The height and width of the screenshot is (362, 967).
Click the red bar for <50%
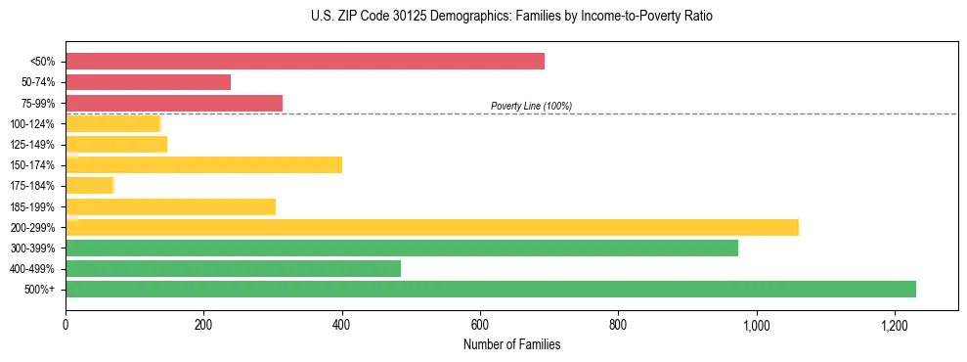pyautogui.click(x=305, y=62)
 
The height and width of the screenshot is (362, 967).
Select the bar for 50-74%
pyautogui.click(x=149, y=82)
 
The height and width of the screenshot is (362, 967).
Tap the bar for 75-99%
pyautogui.click(x=174, y=103)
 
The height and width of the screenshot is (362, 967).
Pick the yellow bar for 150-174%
pyautogui.click(x=204, y=164)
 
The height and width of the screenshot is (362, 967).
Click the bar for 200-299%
pyautogui.click(x=432, y=227)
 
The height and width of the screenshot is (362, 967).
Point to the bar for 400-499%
pyautogui.click(x=234, y=268)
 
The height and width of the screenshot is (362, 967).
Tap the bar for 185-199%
pyautogui.click(x=171, y=206)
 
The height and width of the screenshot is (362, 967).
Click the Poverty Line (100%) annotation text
pyautogui.click(x=531, y=106)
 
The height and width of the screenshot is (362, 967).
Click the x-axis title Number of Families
pyautogui.click(x=511, y=344)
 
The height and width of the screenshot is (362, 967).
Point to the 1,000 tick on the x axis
pyautogui.click(x=756, y=325)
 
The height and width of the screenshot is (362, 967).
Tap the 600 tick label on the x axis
pyautogui.click(x=480, y=325)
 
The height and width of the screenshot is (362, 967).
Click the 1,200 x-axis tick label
pyautogui.click(x=894, y=325)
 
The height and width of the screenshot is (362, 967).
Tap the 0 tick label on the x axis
pyautogui.click(x=66, y=325)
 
